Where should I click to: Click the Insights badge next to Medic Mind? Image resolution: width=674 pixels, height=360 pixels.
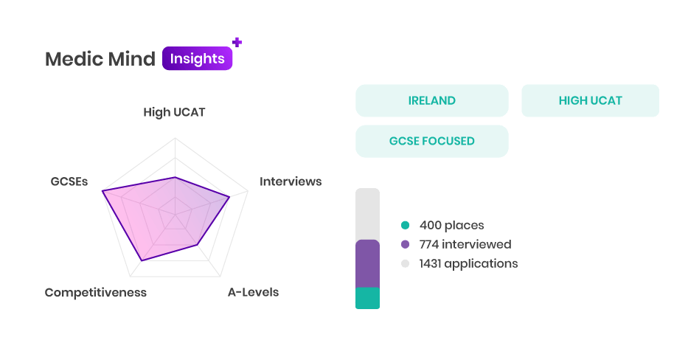tap(198, 58)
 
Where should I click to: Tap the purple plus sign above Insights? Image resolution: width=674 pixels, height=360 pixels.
tap(237, 42)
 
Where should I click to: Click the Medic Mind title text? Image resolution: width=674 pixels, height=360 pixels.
tap(100, 59)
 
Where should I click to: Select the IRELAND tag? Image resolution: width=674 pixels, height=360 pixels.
tap(432, 100)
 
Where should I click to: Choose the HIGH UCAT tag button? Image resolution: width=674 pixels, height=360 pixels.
tap(590, 100)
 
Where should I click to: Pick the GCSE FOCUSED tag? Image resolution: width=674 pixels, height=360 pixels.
tap(432, 141)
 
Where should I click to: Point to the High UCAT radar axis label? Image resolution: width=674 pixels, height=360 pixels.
tap(174, 112)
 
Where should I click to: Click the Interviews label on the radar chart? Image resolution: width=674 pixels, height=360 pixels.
tap(291, 181)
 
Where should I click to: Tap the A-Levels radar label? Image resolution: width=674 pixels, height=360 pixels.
tap(253, 292)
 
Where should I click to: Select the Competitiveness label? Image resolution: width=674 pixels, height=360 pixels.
tap(95, 292)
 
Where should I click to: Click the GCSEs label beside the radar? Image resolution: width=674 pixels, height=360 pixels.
tap(69, 181)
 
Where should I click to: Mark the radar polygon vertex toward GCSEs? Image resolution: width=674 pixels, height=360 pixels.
tap(103, 191)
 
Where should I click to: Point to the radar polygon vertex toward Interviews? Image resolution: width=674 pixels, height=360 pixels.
tap(229, 197)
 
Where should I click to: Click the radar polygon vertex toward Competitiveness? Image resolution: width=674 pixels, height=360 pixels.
tap(142, 260)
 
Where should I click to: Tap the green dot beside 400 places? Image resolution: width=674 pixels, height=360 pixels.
tap(405, 225)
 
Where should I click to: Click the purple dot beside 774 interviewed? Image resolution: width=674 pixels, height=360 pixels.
tap(405, 244)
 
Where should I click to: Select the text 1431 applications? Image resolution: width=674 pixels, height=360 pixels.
tap(468, 263)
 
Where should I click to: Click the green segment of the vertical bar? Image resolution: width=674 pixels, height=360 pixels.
tap(367, 298)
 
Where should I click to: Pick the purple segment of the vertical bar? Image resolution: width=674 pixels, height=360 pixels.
tap(367, 263)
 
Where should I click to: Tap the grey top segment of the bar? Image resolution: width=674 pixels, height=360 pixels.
tap(367, 214)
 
